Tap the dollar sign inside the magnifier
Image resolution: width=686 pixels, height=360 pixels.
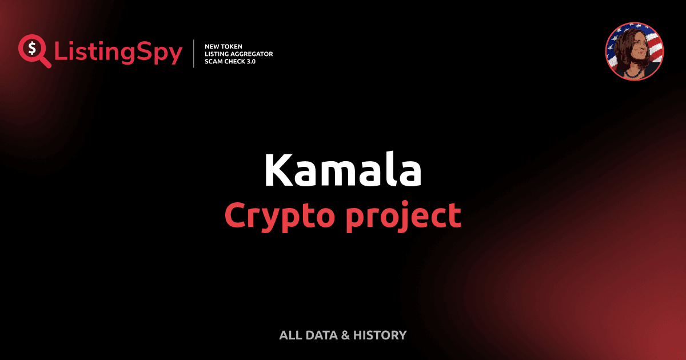coord(31,47)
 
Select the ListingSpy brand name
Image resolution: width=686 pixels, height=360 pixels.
coord(118,53)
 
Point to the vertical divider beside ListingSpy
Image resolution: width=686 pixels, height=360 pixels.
coord(194,54)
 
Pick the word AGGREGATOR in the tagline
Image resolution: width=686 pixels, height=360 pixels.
coord(254,54)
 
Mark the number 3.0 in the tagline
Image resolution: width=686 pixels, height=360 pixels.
coord(250,61)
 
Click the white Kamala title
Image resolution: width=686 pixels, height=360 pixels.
coord(342,170)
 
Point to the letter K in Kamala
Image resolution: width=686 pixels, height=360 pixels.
coord(276,170)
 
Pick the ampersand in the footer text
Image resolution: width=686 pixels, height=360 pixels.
coord(345,335)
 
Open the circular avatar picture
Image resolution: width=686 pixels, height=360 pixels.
coord(634,51)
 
